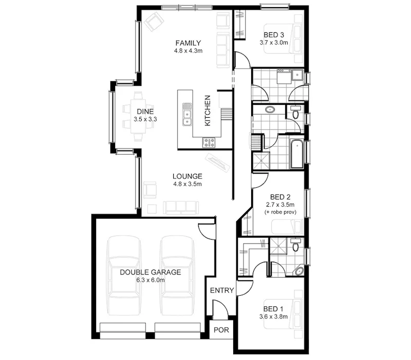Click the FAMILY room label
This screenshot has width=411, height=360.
pos(188,43)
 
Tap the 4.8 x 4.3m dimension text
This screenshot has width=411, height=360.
pos(188,51)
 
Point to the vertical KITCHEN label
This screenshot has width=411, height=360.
pos(208,111)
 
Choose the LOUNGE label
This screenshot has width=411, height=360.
pos(188,175)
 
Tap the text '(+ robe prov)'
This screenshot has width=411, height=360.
pos(280,212)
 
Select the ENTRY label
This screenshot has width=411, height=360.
pos(222,291)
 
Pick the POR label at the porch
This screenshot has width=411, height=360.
pos(221,330)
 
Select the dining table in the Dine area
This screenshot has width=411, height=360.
pos(138,116)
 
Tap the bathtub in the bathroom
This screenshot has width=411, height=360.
pos(296,153)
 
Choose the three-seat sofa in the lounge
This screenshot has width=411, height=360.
pos(180,207)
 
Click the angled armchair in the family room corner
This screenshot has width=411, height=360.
pos(154,22)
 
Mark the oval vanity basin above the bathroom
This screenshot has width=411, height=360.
pos(270,109)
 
